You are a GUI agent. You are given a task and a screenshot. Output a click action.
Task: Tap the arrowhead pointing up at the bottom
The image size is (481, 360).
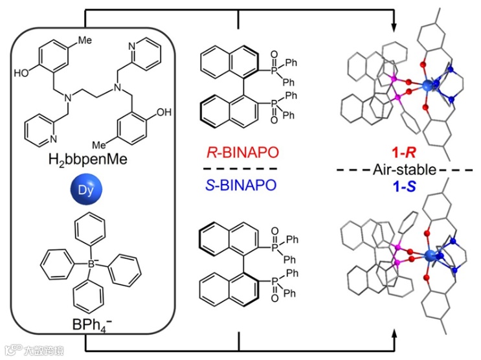pos(393,335)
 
